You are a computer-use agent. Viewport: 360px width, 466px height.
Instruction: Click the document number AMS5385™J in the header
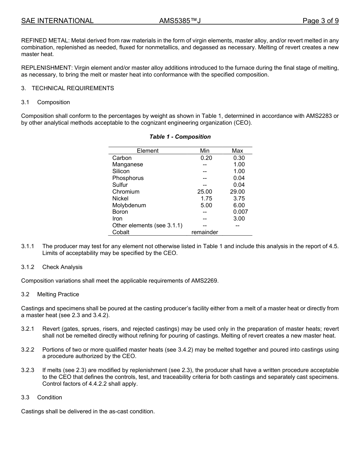click(x=180, y=21)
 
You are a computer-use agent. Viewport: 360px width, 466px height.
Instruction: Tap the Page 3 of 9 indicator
click(x=320, y=21)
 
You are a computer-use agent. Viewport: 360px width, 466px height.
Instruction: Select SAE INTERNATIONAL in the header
click(x=57, y=21)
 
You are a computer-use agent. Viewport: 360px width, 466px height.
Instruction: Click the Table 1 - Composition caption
click(x=180, y=137)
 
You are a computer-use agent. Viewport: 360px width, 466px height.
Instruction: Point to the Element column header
click(x=147, y=151)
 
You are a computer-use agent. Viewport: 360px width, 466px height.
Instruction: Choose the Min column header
click(x=205, y=151)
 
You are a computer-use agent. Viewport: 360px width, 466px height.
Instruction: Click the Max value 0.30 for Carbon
click(x=239, y=158)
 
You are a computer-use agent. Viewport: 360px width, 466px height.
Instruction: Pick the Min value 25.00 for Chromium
click(x=205, y=192)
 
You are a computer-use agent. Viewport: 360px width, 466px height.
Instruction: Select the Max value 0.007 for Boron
click(x=240, y=212)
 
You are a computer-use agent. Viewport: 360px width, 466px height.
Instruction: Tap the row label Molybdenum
click(x=129, y=205)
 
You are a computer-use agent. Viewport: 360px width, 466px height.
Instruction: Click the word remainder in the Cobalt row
click(x=205, y=232)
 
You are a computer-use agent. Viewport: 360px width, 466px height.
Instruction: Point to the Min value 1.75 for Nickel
click(x=206, y=199)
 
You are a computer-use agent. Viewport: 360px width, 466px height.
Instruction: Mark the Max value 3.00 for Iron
click(x=239, y=219)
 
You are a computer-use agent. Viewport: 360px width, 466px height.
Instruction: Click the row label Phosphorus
click(x=128, y=178)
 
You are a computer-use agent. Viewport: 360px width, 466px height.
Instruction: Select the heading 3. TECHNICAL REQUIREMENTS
click(x=67, y=88)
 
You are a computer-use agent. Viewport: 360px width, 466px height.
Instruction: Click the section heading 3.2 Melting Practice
click(x=50, y=294)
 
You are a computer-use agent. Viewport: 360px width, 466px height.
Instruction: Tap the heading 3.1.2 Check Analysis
click(x=52, y=267)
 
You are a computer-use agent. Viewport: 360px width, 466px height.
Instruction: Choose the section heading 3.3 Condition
click(x=42, y=397)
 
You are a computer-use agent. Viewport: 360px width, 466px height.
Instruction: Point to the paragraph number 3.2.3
click(x=28, y=370)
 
